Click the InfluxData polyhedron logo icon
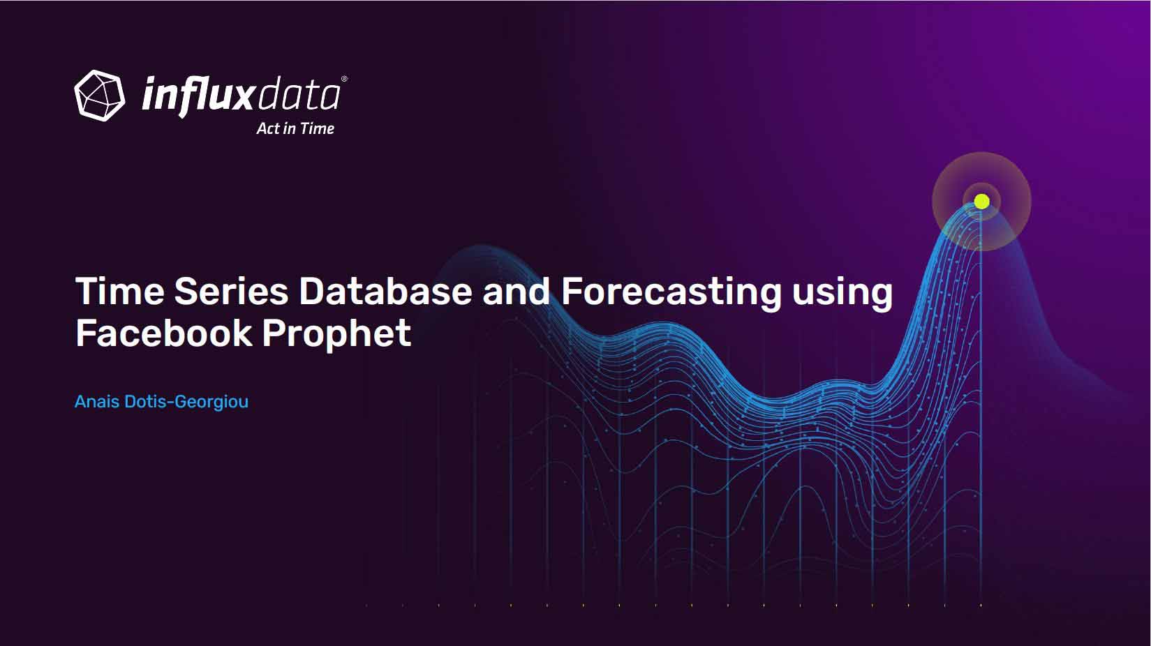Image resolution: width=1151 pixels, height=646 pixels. tap(100, 96)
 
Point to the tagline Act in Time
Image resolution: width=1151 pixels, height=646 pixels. tap(295, 128)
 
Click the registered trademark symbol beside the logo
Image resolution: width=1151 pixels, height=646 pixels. tap(344, 79)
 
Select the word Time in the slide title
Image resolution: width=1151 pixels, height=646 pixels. tap(120, 291)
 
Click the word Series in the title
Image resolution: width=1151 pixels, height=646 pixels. tap(231, 291)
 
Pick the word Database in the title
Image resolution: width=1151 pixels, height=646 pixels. tap(385, 291)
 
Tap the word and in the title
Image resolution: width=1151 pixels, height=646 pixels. tap(516, 291)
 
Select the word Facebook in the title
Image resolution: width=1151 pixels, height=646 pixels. tap(164, 333)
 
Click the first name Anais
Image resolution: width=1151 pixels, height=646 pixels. tap(97, 401)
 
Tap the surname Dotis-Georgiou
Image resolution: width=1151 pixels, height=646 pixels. tap(186, 402)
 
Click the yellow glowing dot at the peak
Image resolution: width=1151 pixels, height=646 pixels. tap(981, 202)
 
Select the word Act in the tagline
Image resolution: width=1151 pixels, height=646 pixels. tap(268, 128)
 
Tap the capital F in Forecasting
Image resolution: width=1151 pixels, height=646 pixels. tap(572, 291)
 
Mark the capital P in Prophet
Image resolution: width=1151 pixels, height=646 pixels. tap(274, 333)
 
